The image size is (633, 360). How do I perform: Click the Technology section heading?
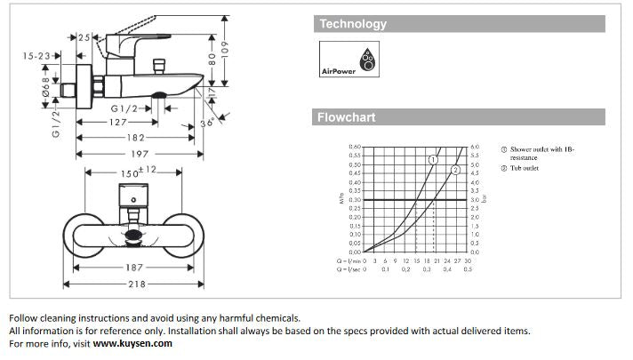coord(353,24)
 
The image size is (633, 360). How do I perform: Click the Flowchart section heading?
coord(347,116)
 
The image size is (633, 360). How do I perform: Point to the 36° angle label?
coord(206,124)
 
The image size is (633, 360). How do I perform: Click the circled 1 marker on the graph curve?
coord(432,159)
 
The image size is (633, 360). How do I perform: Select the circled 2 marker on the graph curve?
coord(455,169)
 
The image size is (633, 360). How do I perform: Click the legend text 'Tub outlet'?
coord(525,168)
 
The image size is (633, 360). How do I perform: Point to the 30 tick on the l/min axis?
coord(468,260)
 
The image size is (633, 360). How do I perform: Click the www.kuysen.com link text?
coord(132,343)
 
